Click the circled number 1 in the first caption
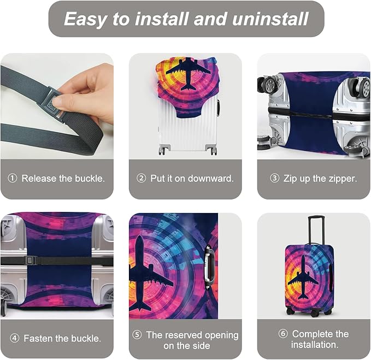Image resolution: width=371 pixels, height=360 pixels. [13, 179]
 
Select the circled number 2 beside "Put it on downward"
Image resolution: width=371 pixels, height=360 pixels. [142, 179]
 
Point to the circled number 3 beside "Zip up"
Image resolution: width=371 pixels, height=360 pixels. [275, 179]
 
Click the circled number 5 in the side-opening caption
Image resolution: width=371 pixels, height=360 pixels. [138, 335]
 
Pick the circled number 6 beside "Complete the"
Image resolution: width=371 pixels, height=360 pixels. [283, 334]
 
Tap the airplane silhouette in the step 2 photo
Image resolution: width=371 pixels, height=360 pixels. [187, 72]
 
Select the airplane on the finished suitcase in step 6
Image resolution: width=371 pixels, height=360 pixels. [303, 276]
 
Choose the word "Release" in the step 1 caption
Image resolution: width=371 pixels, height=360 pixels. [38, 179]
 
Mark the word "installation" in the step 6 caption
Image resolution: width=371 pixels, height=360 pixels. [315, 345]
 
